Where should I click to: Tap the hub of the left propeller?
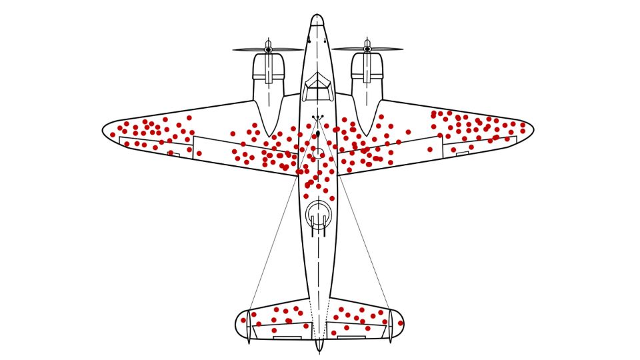tap(268, 49)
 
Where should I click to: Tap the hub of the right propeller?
tap(367, 49)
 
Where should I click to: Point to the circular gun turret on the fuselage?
tap(318, 215)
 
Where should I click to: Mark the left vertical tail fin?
tap(249, 327)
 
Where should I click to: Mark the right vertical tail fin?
tap(390, 327)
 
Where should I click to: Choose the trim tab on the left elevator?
tap(286, 337)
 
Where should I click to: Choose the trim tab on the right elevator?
tap(351, 337)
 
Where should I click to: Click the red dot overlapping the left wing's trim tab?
tap(171, 153)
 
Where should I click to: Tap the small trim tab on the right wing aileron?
tap(463, 153)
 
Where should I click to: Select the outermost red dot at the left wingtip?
tap(112, 134)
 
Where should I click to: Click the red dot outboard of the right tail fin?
tap(401, 323)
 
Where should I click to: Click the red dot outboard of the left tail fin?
tap(243, 321)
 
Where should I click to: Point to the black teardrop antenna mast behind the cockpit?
tap(318, 135)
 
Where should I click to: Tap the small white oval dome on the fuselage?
tap(319, 154)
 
